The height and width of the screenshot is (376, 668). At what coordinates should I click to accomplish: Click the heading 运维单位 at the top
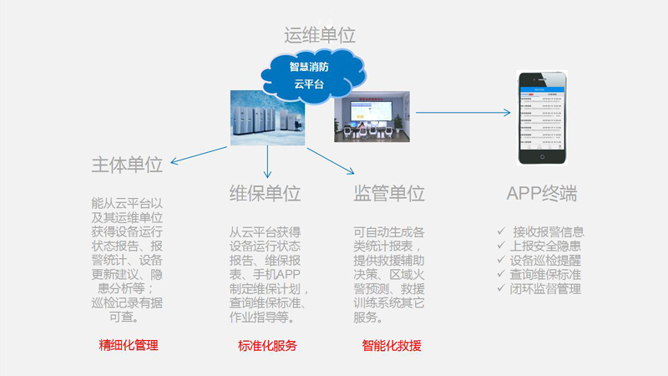coord(320,35)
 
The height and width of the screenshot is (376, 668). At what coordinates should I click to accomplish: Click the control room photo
coord(372,119)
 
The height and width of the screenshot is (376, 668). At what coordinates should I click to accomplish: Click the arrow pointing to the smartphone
coord(463,112)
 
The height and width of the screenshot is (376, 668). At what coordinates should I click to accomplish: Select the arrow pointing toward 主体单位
coord(197,155)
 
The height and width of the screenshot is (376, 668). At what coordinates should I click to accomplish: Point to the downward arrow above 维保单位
coord(268,162)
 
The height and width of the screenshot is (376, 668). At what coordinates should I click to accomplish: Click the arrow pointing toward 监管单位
coord(330,161)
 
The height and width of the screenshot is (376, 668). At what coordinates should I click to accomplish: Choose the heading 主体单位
coord(127,165)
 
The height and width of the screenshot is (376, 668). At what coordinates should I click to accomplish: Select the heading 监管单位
coord(389,194)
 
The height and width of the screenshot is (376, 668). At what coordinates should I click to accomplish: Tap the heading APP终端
coord(541,194)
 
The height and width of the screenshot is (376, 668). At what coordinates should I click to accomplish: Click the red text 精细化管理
coord(129,345)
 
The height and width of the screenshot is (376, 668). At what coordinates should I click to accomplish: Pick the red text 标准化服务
coord(267,345)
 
